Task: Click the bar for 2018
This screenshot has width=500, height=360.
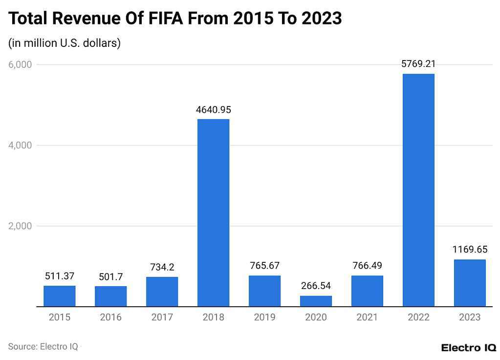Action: [213, 213]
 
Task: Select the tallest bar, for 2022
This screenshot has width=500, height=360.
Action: [418, 191]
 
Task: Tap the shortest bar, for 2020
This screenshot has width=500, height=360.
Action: [316, 301]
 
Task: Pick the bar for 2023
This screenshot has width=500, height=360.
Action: [470, 283]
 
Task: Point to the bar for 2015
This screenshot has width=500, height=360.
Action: [60, 296]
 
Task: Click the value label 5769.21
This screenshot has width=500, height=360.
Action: [418, 64]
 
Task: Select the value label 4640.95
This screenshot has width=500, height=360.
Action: [213, 109]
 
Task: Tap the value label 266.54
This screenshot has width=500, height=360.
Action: [316, 286]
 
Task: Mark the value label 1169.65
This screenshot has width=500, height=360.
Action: [470, 250]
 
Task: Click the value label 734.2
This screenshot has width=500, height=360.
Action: [162, 267]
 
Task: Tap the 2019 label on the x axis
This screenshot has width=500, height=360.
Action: [264, 318]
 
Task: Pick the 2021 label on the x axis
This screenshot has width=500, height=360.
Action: [367, 318]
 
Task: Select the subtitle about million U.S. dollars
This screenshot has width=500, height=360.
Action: [65, 43]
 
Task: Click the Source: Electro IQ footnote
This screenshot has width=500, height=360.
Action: [43, 346]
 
